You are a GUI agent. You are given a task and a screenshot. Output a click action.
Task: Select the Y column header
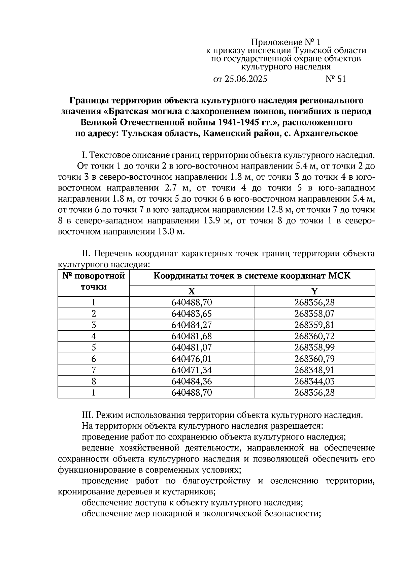point(314,291)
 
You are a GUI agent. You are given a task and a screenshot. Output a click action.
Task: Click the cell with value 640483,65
point(192,314)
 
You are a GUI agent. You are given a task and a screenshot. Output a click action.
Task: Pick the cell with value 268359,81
point(314,325)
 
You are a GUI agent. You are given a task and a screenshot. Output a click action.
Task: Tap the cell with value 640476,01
point(192,359)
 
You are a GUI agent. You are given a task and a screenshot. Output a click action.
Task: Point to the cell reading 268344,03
point(314,381)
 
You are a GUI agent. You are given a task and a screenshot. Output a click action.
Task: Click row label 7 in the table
point(94,370)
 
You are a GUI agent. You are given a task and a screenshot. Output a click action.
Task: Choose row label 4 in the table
point(94,336)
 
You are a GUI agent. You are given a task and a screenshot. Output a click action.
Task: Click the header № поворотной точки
point(94,281)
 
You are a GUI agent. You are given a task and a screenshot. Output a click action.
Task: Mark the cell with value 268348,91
point(314,370)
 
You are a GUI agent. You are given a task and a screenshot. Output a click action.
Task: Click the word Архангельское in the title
point(326,133)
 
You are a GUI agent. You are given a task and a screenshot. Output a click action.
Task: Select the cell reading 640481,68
point(192,336)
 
